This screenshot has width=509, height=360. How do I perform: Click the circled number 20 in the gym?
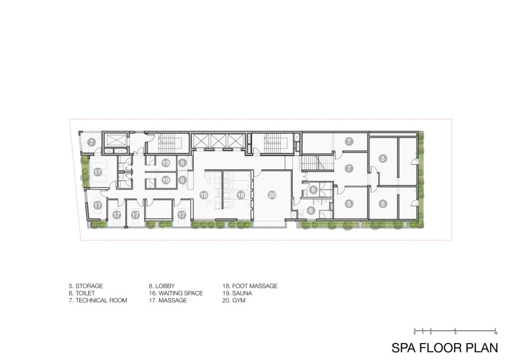[x=272, y=195]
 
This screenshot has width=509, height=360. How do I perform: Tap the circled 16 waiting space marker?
[x=204, y=195]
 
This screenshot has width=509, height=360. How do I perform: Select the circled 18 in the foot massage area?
[x=241, y=195]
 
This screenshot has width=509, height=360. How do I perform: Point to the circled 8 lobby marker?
[x=182, y=180]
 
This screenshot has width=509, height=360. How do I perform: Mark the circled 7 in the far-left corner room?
[x=91, y=142]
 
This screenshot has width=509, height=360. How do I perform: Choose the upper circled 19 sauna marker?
[x=166, y=163]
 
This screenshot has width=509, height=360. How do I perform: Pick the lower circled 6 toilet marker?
[x=311, y=211]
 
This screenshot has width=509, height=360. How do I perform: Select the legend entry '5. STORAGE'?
[x=85, y=286]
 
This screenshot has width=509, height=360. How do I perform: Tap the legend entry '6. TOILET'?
[x=82, y=293]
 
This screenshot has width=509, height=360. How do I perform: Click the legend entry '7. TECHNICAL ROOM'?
[x=98, y=300]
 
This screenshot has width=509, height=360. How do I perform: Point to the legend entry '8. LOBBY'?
[x=162, y=286]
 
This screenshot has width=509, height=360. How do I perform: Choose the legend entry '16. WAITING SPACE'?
[x=176, y=293]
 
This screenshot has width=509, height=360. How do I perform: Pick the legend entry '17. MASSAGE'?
[x=168, y=300]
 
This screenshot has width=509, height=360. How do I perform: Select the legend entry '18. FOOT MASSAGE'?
[x=250, y=286]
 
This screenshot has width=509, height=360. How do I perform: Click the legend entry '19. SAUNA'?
[x=237, y=293]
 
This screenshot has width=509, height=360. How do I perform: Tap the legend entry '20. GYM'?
[x=234, y=300]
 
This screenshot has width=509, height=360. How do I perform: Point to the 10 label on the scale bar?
[x=496, y=333]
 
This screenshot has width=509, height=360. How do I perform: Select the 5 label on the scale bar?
[x=455, y=333]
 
